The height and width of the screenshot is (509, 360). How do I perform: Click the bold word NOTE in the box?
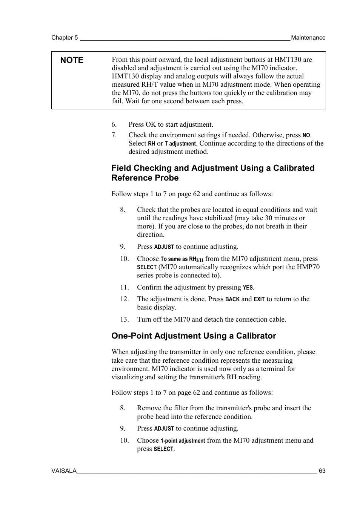(72, 60)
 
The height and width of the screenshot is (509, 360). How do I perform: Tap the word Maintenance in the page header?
(308, 38)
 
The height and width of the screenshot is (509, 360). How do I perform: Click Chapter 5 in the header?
(65, 38)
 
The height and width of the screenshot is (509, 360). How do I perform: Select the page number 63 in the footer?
(322, 471)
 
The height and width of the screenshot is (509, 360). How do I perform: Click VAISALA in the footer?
(64, 471)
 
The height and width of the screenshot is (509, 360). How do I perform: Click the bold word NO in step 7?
(306, 135)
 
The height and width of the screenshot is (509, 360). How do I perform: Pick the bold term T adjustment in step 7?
(180, 144)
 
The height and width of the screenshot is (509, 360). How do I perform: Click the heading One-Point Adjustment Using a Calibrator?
(194, 336)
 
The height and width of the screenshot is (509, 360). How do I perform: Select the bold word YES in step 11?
(248, 288)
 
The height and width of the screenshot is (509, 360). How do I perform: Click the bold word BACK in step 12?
(232, 299)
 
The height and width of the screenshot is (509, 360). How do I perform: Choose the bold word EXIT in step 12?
(259, 299)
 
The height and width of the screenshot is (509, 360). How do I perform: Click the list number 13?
(125, 319)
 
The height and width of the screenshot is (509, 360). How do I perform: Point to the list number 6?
(114, 124)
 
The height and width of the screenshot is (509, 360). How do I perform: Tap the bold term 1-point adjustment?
(183, 441)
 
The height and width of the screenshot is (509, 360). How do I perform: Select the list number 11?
(125, 287)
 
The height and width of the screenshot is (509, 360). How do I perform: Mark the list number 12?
(125, 299)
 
